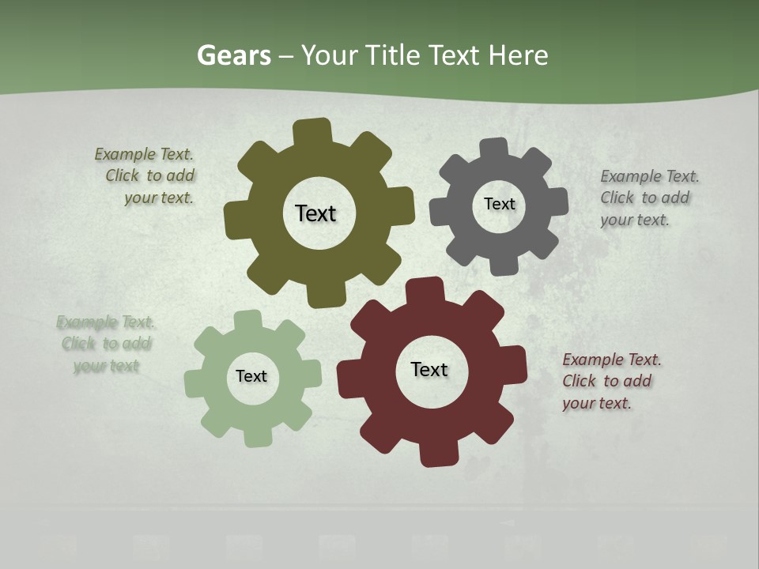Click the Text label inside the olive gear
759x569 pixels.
pyautogui.click(x=315, y=213)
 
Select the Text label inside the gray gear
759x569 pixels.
pyautogui.click(x=499, y=204)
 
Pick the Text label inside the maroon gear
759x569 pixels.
pyautogui.click(x=429, y=370)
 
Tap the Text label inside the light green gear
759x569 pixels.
pyautogui.click(x=251, y=377)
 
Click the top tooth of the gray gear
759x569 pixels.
pyautogui.click(x=493, y=148)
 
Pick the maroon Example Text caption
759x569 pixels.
pyautogui.click(x=610, y=382)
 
